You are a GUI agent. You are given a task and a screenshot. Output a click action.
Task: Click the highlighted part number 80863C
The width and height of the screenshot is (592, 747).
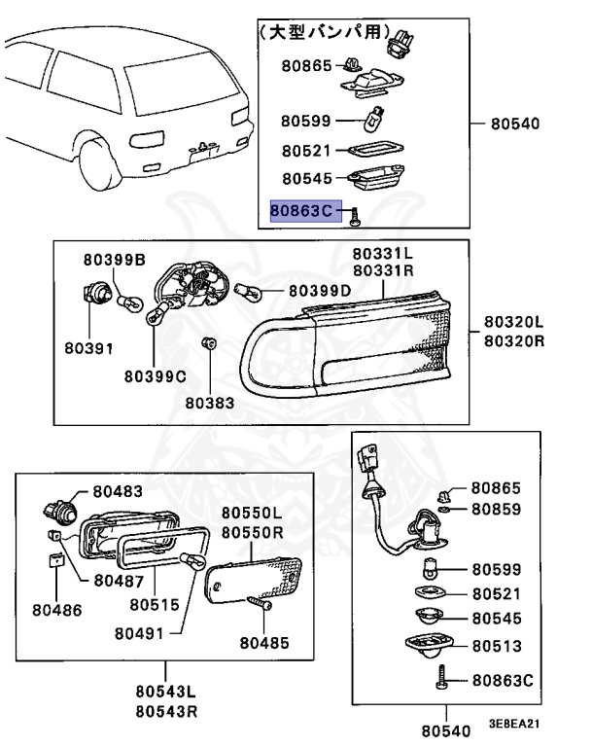305,209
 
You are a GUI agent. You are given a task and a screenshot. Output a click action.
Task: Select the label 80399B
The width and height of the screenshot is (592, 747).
114,260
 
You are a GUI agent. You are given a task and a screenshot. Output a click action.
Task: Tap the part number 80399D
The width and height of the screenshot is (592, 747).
320,291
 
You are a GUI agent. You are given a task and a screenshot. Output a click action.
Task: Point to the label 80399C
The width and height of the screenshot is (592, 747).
155,374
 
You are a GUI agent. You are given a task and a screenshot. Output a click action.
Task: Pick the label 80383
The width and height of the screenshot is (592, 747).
209,400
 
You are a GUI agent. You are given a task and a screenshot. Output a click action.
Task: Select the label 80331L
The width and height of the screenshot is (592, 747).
383,254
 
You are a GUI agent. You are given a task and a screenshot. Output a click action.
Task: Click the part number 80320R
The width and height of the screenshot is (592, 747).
514,341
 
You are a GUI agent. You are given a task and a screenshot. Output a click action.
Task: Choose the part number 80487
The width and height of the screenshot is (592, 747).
119,581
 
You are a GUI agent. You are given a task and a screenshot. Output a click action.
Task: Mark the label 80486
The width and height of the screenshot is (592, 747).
56,610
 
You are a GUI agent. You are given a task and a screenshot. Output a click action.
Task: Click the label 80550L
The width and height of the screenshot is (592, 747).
251,514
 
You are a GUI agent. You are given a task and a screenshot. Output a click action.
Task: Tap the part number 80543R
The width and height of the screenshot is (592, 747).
164,711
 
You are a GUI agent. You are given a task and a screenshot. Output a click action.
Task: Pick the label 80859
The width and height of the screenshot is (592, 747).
496,509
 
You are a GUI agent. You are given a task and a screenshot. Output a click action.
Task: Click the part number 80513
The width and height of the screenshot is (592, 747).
496,646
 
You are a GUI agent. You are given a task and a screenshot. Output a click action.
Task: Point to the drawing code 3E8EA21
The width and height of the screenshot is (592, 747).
514,726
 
